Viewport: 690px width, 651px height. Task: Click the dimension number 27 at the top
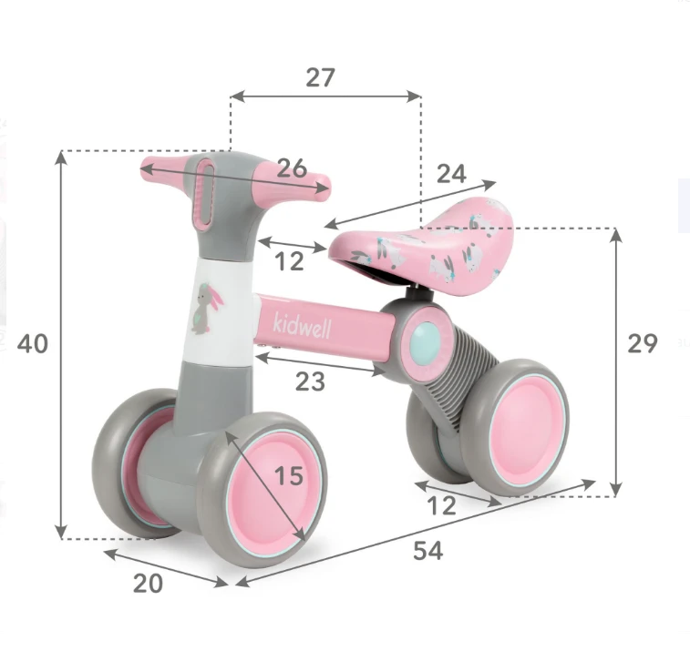[320, 77]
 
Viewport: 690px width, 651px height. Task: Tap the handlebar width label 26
[292, 168]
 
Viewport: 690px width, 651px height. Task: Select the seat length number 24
[451, 174]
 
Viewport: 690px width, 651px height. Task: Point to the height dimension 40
[33, 344]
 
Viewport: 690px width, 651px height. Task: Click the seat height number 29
[643, 343]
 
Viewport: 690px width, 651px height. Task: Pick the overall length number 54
[428, 551]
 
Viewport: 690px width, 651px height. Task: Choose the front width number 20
[148, 584]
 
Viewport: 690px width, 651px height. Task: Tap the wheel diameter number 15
[289, 475]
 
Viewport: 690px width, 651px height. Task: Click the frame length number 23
[310, 381]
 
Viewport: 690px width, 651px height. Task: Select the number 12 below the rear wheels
[442, 506]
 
